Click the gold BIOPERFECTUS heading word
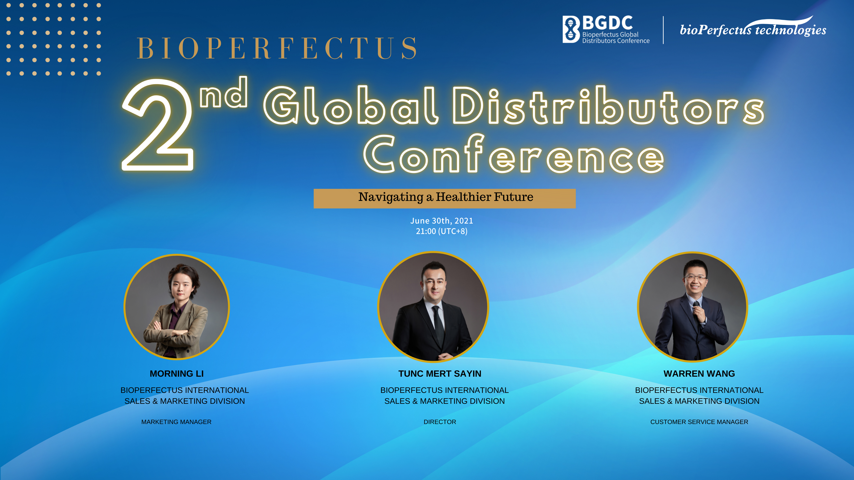277,48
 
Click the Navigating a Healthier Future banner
445,198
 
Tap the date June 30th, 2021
442,221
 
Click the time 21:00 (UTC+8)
442,231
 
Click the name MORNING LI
177,374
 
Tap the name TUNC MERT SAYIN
440,374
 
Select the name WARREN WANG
699,374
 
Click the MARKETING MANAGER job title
176,422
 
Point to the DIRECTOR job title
440,422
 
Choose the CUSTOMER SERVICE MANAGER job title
699,422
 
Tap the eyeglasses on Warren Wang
695,278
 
